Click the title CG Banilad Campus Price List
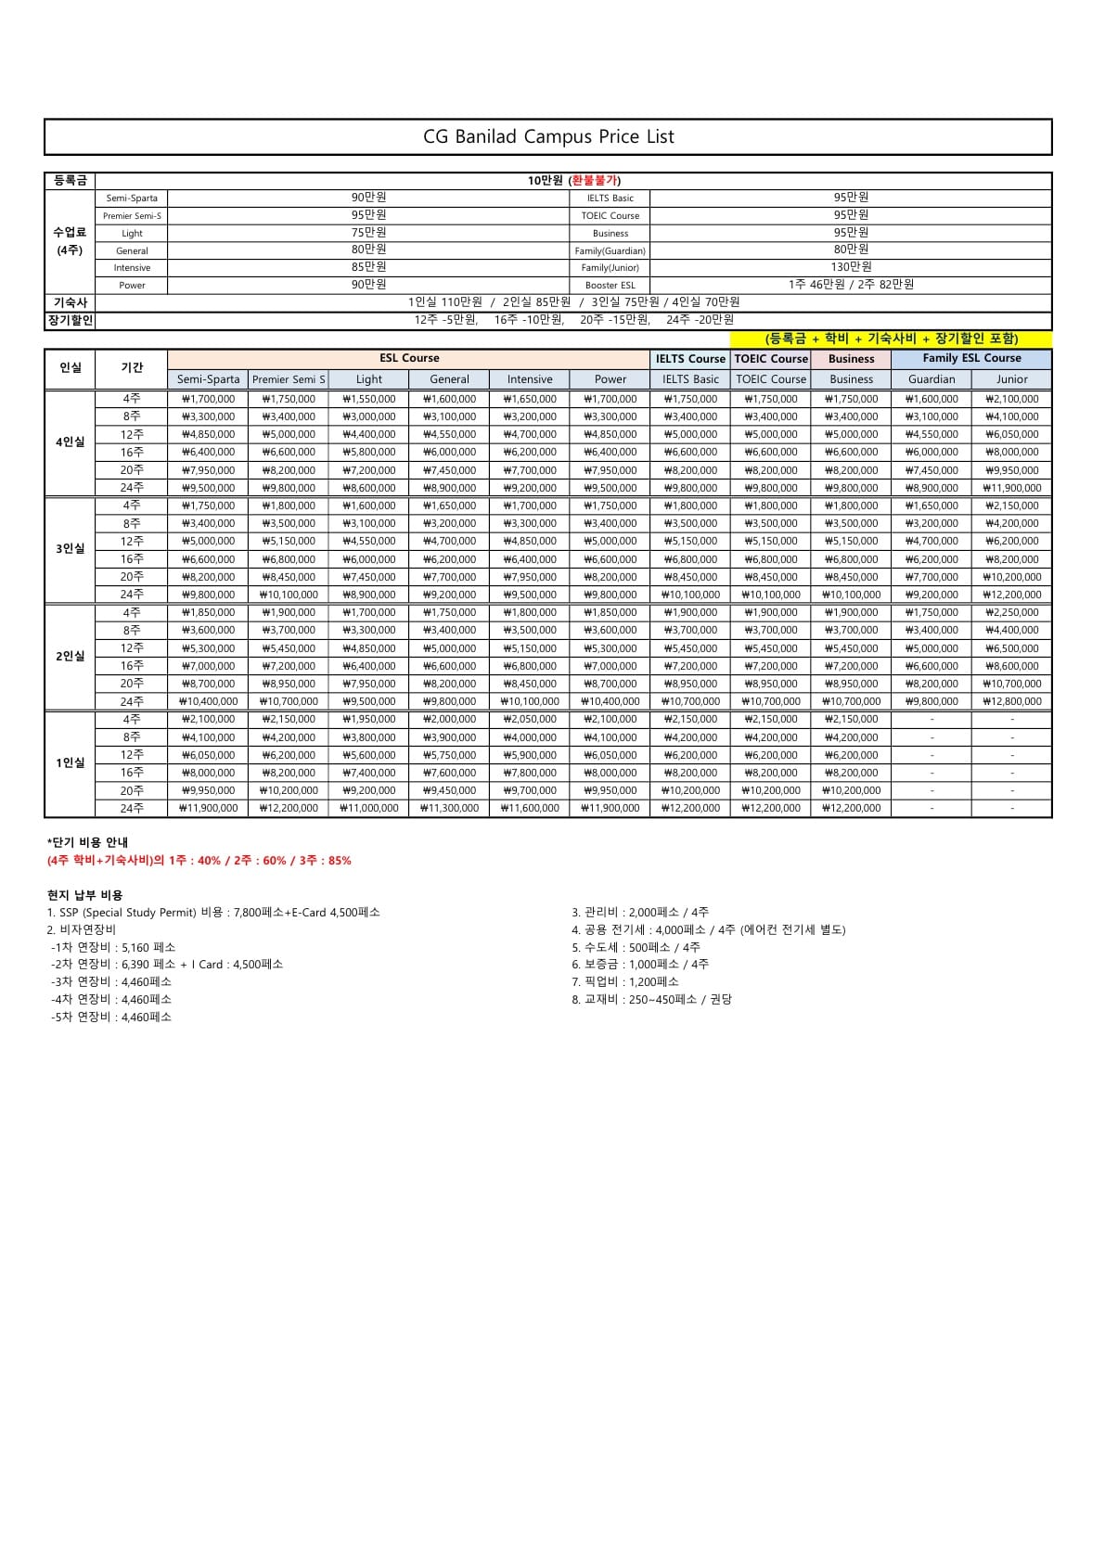(x=548, y=136)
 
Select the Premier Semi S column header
(x=289, y=379)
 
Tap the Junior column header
(x=1011, y=379)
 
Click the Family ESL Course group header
(x=971, y=358)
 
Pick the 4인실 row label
(x=71, y=442)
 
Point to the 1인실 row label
(x=71, y=763)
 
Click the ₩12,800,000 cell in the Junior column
(x=1011, y=702)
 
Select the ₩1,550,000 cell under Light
(x=369, y=399)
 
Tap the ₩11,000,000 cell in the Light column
(x=369, y=809)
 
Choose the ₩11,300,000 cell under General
(x=450, y=809)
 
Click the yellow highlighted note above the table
(x=891, y=339)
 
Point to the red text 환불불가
(x=596, y=181)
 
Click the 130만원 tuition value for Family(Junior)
(x=851, y=267)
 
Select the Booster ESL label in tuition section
(x=610, y=286)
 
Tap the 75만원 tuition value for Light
(x=368, y=233)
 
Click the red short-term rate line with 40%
(x=199, y=861)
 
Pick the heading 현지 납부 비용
(x=85, y=895)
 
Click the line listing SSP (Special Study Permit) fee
(x=213, y=913)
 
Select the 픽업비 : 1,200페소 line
(x=625, y=982)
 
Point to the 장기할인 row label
(x=70, y=320)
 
